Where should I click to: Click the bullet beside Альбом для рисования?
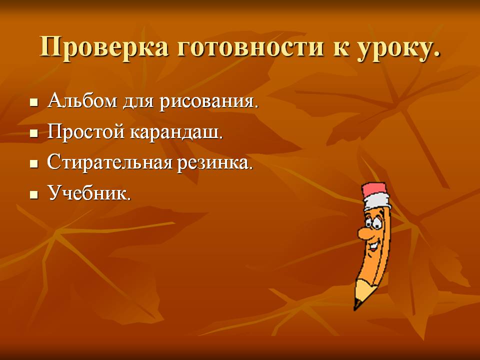pyautogui.click(x=34, y=103)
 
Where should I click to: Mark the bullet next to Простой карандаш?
pyautogui.click(x=34, y=134)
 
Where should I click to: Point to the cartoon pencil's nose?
pyautogui.click(x=364, y=232)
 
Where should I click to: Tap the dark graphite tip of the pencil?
pyautogui.click(x=357, y=304)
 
